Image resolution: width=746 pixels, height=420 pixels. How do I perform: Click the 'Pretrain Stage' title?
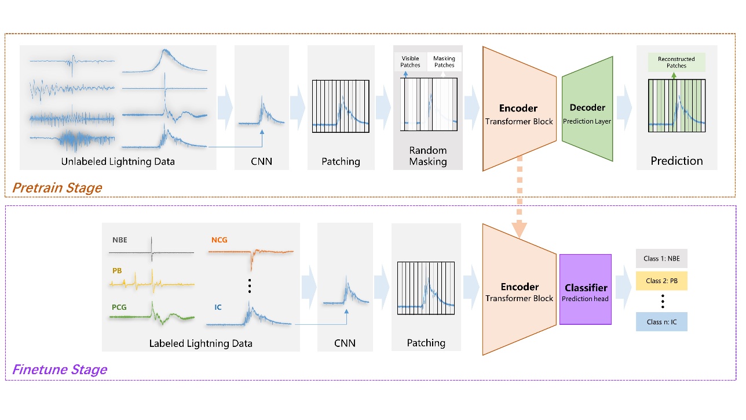pos(57,188)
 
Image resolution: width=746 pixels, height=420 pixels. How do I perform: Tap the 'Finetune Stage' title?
pos(60,370)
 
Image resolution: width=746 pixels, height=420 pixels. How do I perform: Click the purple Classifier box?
pos(585,289)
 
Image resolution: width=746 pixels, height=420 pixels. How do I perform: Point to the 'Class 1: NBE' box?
pos(661,258)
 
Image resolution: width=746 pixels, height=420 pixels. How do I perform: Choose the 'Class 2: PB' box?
pos(661,281)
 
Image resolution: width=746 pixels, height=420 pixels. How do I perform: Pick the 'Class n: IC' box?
pos(661,322)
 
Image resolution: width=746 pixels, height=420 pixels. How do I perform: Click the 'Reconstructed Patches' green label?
pos(676,62)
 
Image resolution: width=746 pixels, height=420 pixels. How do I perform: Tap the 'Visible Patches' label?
pos(410,61)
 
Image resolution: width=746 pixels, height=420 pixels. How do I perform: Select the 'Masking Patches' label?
pos(444,61)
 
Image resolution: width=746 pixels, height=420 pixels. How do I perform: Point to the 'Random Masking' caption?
pos(428,156)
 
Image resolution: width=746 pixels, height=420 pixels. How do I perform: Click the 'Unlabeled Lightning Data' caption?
pos(118,161)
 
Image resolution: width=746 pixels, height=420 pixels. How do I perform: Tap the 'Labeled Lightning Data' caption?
pos(200,343)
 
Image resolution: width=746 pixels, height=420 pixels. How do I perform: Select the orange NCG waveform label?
pos(220,239)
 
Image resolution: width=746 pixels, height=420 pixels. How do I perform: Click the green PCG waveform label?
pos(119,307)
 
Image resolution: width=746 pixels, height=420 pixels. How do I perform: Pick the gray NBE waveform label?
pos(120,239)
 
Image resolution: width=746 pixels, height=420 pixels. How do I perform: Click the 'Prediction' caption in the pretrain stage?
pos(676,161)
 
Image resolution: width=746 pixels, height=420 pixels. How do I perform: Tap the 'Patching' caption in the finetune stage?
pos(426,343)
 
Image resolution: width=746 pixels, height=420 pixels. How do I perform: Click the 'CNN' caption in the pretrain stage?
pos(261,161)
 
